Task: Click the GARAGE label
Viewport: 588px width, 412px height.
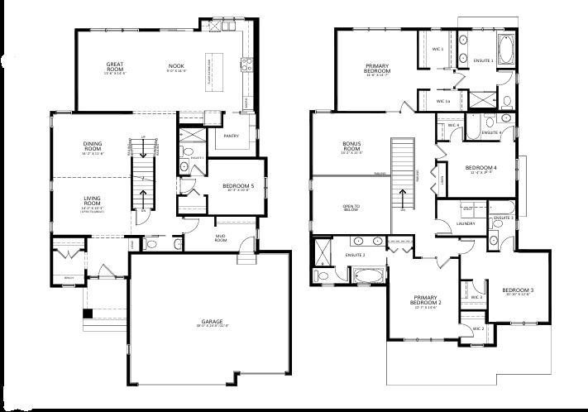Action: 211,322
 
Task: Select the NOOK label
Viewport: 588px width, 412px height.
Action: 176,65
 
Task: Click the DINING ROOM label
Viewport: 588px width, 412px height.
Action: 92,146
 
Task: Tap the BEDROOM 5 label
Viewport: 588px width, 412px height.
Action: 238,187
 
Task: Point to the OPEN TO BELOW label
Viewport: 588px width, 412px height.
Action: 352,207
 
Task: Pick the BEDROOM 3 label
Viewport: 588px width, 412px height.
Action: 518,290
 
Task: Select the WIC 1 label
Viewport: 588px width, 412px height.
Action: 437,50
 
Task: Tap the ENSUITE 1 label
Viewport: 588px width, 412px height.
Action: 483,61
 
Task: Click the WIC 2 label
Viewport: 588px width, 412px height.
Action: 477,328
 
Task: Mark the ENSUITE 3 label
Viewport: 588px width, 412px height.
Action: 502,218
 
